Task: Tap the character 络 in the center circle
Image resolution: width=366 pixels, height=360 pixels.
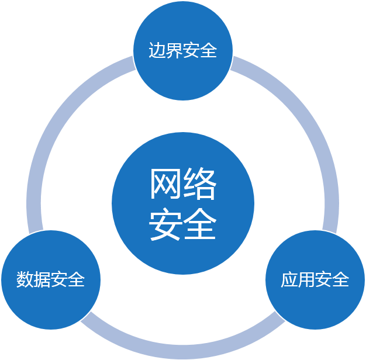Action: coord(200,185)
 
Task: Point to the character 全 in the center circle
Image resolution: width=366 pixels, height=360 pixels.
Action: coord(200,223)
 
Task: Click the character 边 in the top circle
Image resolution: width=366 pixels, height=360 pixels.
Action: coord(157,51)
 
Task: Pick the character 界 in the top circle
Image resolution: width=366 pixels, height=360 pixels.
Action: coord(174,51)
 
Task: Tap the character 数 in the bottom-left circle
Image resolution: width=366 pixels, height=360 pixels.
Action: coord(25,279)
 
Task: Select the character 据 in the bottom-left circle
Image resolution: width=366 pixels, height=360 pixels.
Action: coord(42,279)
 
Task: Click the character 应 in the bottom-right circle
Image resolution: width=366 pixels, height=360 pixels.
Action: coord(290,280)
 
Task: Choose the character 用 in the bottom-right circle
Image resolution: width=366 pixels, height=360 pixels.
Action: coord(307,280)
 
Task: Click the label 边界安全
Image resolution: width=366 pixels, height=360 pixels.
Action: coord(183,51)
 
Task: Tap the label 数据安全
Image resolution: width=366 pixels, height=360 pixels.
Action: coord(51,279)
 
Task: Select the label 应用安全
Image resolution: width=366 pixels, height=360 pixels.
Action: coord(315,280)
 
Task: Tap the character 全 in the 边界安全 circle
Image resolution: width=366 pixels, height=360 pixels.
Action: coord(209,51)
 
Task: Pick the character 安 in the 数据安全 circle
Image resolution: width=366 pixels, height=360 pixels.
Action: coord(60,279)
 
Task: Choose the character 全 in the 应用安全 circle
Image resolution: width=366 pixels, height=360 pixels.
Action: coord(341,280)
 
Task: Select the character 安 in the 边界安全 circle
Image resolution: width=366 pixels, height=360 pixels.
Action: coord(192,51)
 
